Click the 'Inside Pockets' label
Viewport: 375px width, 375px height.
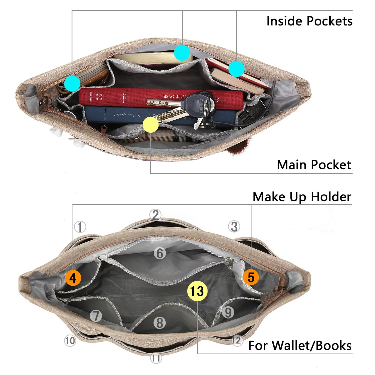(x=309, y=21)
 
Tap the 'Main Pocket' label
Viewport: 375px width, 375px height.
(x=314, y=165)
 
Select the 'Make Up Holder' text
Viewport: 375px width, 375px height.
(x=302, y=197)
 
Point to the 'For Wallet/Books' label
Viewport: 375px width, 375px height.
(x=300, y=346)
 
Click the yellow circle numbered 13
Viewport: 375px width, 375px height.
(x=197, y=291)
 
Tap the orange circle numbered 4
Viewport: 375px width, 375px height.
(x=73, y=278)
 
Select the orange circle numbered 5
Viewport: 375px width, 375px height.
(x=251, y=277)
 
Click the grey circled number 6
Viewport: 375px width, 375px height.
(x=160, y=253)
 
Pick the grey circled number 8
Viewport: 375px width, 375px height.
(x=160, y=322)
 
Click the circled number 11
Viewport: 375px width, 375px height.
(x=156, y=358)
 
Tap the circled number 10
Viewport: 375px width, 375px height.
(x=70, y=340)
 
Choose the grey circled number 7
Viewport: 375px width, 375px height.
(x=96, y=316)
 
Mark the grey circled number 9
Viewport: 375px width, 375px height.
(x=228, y=312)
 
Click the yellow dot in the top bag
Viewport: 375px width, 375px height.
(x=150, y=124)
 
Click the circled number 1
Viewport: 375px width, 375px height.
(x=80, y=227)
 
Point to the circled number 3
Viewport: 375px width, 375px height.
(x=234, y=226)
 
